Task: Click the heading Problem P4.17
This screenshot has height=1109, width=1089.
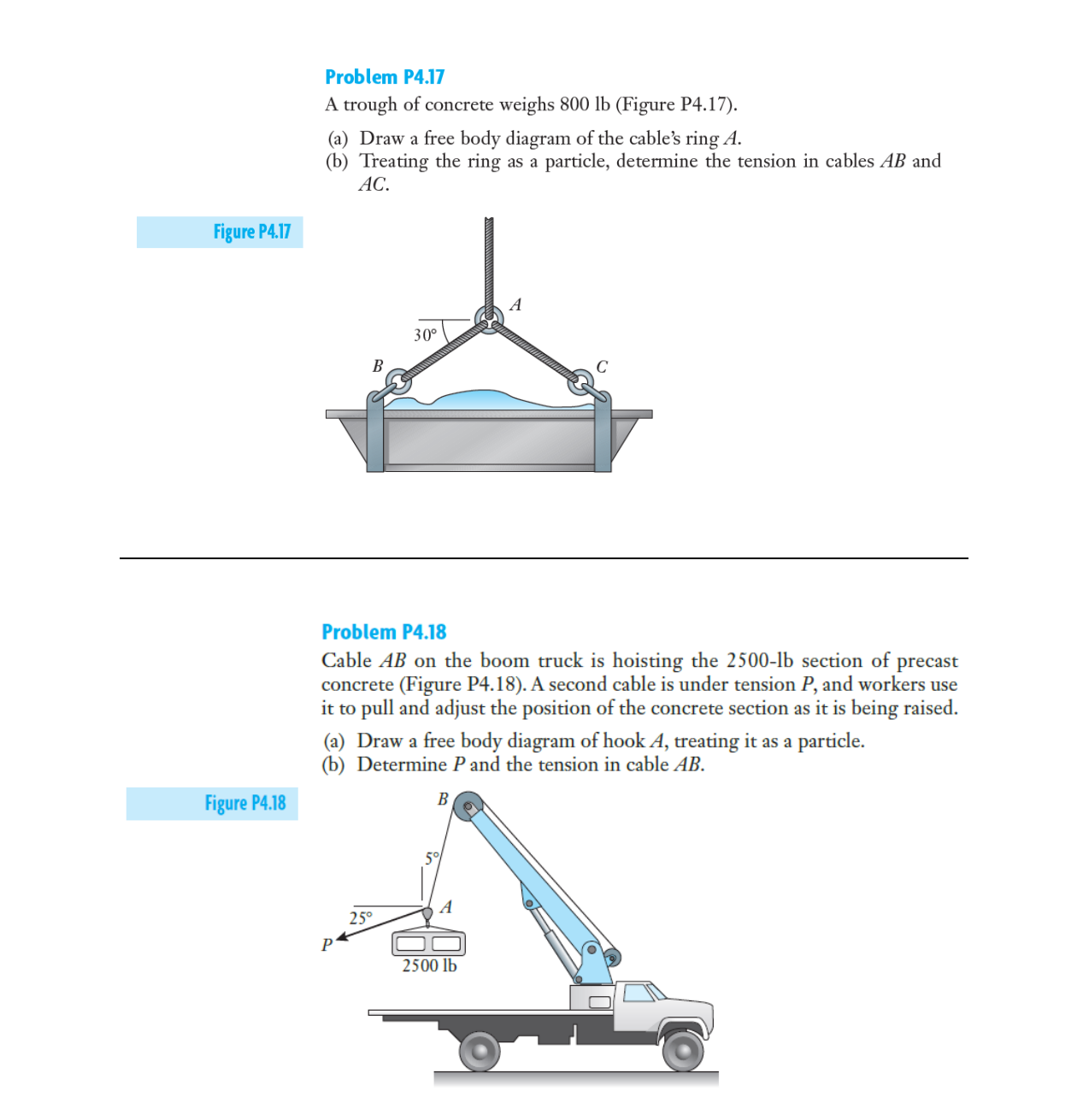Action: tap(385, 77)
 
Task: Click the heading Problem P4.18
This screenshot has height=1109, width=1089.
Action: tap(384, 632)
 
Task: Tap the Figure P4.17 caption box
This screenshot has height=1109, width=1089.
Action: tap(220, 232)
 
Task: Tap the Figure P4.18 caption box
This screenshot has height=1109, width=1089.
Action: tap(212, 804)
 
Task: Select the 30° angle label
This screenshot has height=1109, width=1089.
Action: tap(425, 335)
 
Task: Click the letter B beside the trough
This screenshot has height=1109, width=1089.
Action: tap(378, 366)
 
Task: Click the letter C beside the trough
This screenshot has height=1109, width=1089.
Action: tap(602, 367)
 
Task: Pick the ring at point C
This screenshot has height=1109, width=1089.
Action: tap(581, 381)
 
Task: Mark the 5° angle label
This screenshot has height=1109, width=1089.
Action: tap(433, 858)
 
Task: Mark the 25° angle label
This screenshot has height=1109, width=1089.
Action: tap(361, 918)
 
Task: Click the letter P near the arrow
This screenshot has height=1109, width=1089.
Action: tap(327, 945)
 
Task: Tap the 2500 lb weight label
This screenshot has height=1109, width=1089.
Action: tap(429, 965)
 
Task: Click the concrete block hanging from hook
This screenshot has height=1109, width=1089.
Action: tap(428, 943)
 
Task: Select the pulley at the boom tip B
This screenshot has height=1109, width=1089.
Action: tap(468, 806)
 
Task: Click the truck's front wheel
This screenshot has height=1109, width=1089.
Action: tap(683, 1050)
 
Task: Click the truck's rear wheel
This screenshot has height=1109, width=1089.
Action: tap(480, 1051)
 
